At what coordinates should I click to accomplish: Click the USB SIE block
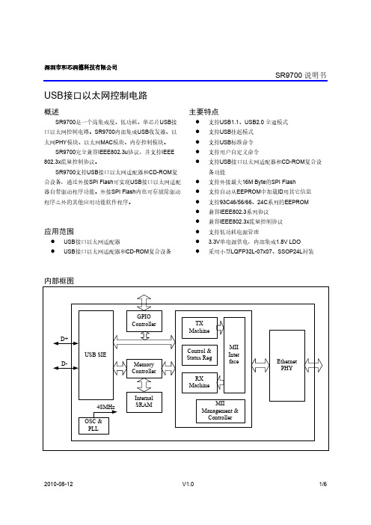pyautogui.click(x=96, y=355)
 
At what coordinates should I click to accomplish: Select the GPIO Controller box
pyautogui.click(x=144, y=321)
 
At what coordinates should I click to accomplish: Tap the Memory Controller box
pyautogui.click(x=144, y=368)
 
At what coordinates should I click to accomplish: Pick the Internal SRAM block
pyautogui.click(x=144, y=402)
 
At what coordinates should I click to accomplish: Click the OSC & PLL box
pyautogui.click(x=93, y=426)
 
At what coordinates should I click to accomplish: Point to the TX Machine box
pyautogui.click(x=199, y=328)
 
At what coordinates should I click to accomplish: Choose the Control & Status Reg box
pyautogui.click(x=199, y=355)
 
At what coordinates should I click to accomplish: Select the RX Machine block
pyautogui.click(x=199, y=382)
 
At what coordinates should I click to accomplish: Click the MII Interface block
pyautogui.click(x=234, y=355)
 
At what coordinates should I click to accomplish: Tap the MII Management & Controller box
pyautogui.click(x=221, y=411)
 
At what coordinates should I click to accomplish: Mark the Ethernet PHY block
pyautogui.click(x=287, y=365)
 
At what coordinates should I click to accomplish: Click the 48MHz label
pyautogui.click(x=105, y=407)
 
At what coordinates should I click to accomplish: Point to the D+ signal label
pyautogui.click(x=64, y=339)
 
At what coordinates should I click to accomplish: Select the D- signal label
pyautogui.click(x=64, y=363)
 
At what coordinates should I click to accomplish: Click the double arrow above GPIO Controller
pyautogui.click(x=144, y=302)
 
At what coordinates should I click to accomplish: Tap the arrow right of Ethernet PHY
pyautogui.click(x=313, y=365)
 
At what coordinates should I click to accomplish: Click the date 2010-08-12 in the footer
pyautogui.click(x=58, y=484)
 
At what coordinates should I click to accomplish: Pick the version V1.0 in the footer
pyautogui.click(x=188, y=484)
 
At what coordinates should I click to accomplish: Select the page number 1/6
pyautogui.click(x=323, y=484)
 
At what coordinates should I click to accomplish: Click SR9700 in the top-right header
pyautogui.click(x=289, y=76)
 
